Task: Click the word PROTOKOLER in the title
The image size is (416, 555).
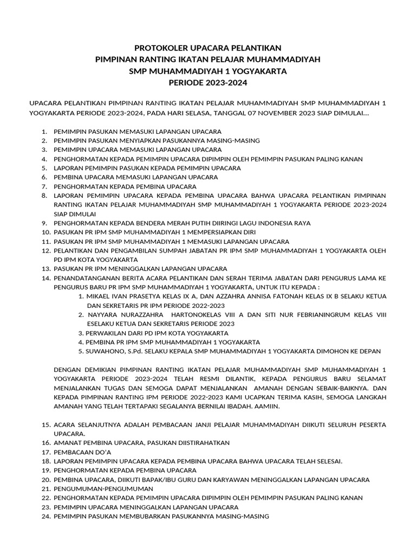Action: pos(161,48)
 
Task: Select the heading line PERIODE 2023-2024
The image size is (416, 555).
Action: pos(208,83)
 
